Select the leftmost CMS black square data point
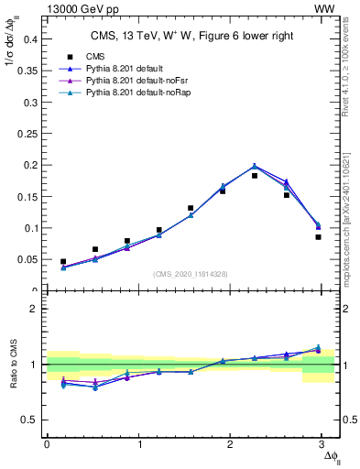pos(63,262)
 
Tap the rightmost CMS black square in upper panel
pos(318,237)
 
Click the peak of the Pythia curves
pos(255,166)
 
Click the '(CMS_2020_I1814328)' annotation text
pos(191,274)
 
